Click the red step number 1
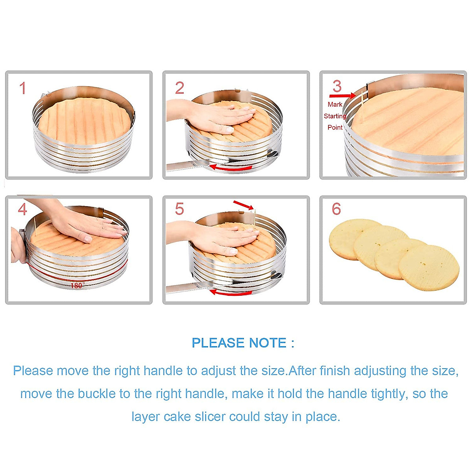23,88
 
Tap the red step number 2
179,88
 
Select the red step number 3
337,87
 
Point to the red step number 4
22,209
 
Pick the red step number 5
179,209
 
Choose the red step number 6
336,209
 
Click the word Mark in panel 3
335,105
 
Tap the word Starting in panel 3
335,116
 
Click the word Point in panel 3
335,127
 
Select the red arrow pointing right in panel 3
343,96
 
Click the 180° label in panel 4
77,286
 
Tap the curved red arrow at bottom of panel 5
230,292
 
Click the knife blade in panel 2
185,167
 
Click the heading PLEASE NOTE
243,343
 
